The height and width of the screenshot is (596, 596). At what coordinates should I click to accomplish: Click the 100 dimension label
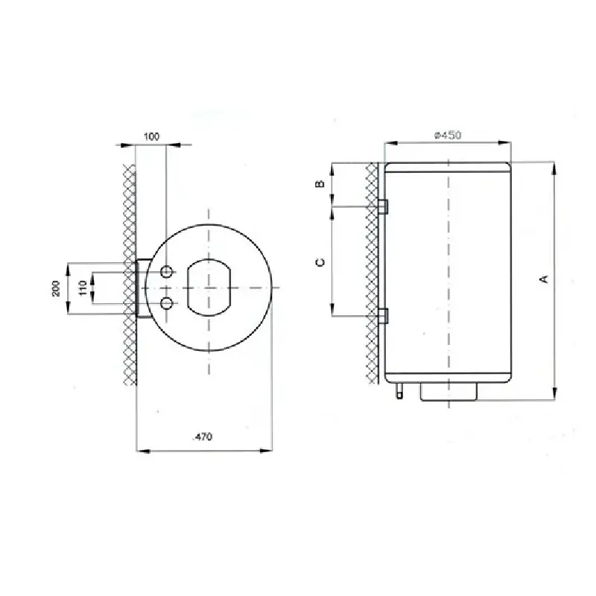[x=152, y=136]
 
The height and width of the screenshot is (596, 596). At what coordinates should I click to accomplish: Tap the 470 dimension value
[x=203, y=437]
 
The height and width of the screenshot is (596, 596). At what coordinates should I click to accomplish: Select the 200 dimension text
[x=56, y=288]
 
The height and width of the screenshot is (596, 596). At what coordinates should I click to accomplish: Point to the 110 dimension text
[x=83, y=288]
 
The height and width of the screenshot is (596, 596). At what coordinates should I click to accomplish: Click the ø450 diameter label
[x=448, y=136]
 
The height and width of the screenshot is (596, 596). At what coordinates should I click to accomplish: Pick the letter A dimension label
[x=545, y=279]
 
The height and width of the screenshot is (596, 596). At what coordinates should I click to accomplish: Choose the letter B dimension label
[x=320, y=184]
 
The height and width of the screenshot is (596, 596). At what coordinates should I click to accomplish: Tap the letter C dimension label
[x=320, y=262]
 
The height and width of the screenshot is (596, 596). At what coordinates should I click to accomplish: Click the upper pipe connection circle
[x=166, y=272]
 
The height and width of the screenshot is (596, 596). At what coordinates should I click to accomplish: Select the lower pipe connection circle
[x=166, y=303]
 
